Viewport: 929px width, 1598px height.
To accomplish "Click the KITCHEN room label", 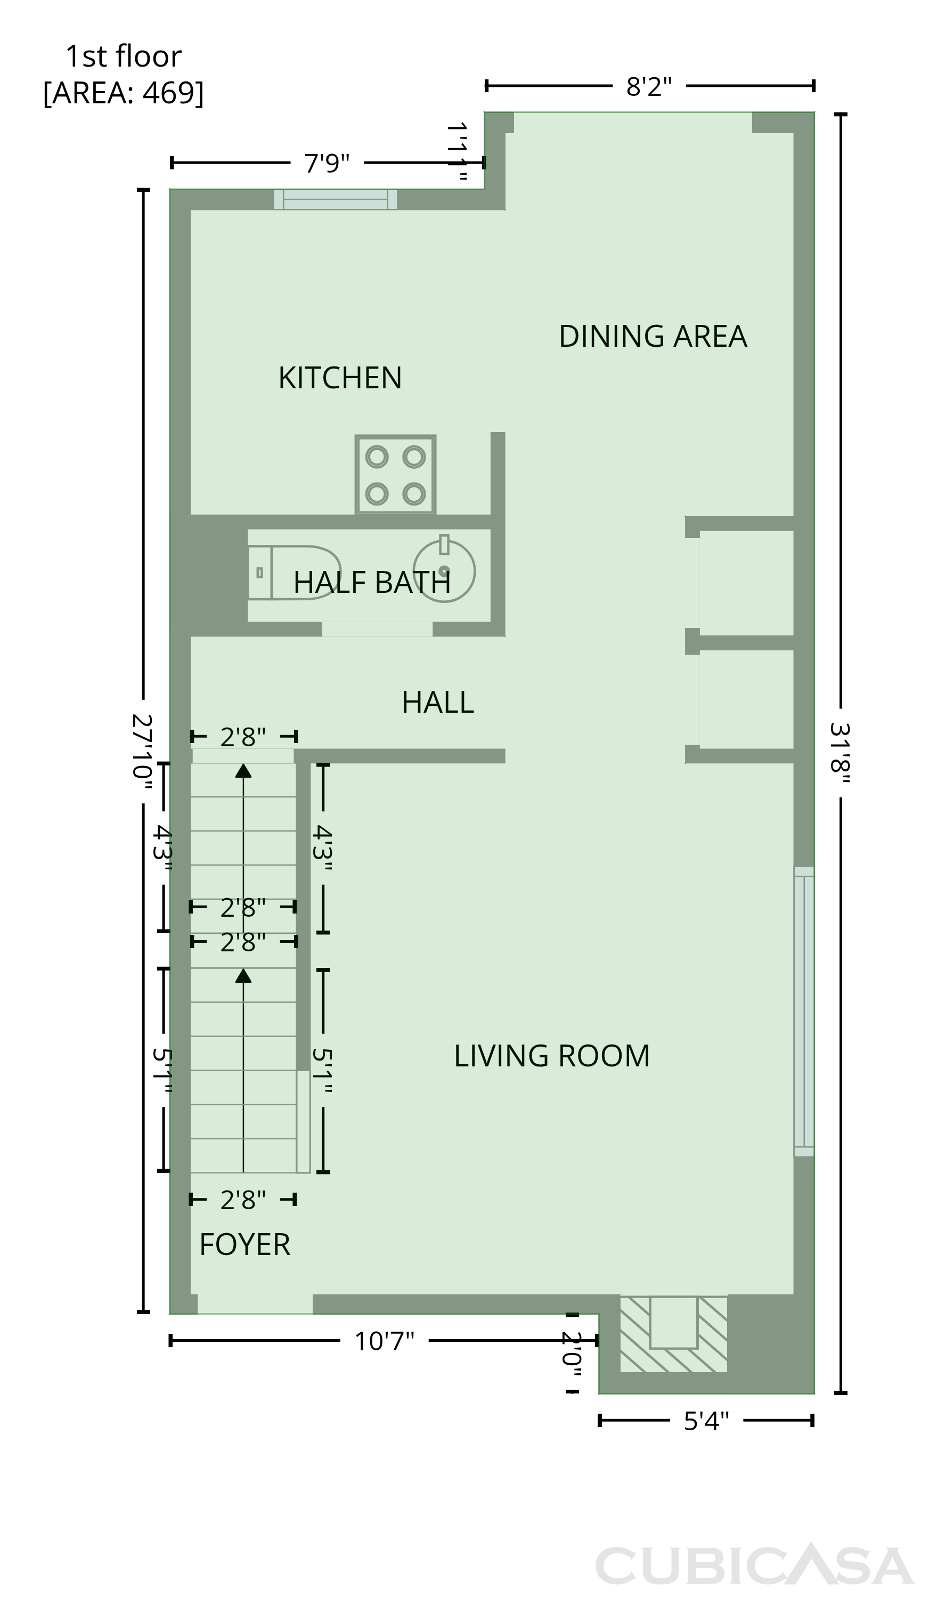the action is click(x=340, y=378).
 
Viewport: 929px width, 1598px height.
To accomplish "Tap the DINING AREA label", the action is click(x=653, y=336).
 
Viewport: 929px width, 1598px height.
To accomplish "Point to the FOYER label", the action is click(x=245, y=1244).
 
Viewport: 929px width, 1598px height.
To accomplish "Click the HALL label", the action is click(x=437, y=702).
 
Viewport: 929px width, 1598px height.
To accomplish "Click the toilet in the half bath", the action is click(x=294, y=572).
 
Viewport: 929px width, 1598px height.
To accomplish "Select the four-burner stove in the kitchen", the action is click(x=395, y=474).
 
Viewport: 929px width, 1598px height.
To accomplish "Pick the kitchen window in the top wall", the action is click(x=336, y=199).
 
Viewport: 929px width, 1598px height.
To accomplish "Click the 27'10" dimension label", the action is click(x=142, y=752).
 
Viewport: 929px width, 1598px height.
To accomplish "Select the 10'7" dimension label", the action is click(x=384, y=1341).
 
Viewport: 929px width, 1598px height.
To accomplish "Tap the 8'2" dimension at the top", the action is click(x=649, y=86).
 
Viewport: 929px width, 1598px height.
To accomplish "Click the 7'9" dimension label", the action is click(x=327, y=163).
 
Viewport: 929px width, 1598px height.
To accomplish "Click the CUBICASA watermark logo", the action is click(x=754, y=1564).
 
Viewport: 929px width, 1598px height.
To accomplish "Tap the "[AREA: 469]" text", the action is click(x=124, y=93).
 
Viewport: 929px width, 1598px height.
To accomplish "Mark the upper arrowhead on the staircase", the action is click(x=243, y=770).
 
